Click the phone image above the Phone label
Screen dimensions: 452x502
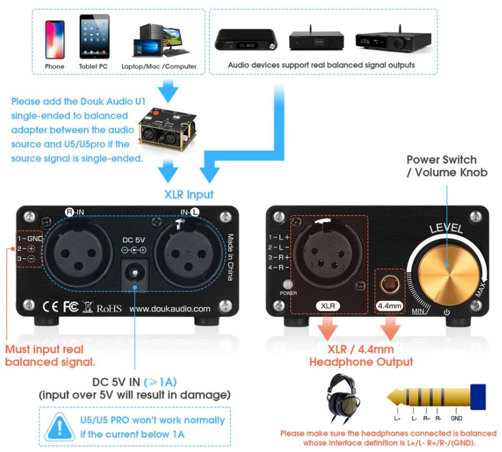point(54,39)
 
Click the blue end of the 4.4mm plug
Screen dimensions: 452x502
point(479,397)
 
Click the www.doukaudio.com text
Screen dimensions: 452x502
point(169,308)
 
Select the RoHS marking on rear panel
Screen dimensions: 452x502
point(108,308)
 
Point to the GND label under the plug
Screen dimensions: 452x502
point(457,419)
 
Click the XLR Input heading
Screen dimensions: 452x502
point(188,194)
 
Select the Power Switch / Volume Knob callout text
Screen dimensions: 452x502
point(441,166)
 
